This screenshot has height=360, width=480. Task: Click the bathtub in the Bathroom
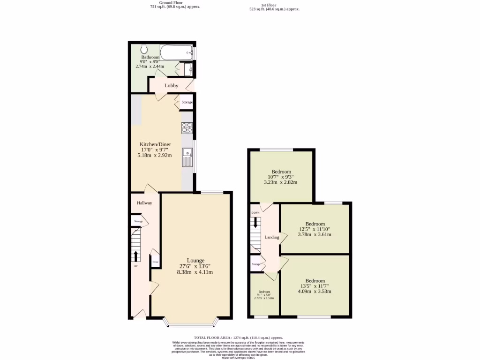tap(176, 52)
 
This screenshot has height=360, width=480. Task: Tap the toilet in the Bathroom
tap(144, 48)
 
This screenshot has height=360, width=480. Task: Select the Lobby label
tap(171, 86)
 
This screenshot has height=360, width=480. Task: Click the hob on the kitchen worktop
tap(187, 127)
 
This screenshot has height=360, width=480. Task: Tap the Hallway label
tap(144, 203)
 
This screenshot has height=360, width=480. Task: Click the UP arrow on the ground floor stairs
tap(136, 255)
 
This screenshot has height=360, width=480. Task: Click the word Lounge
tap(195, 261)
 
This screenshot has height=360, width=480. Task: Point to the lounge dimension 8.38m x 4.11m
tap(195, 272)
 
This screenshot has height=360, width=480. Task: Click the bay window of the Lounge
tap(191, 323)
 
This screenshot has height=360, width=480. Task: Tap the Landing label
tap(272, 237)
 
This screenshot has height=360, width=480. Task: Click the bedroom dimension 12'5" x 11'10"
tap(315, 229)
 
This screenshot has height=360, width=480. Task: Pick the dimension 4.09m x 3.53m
tap(315, 291)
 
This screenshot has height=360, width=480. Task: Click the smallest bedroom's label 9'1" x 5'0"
tap(264, 294)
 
